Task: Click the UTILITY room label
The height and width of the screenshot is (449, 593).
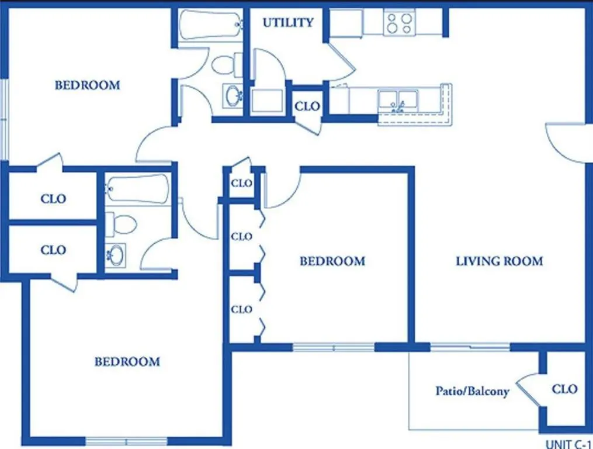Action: (x=288, y=23)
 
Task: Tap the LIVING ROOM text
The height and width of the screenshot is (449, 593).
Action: (x=499, y=261)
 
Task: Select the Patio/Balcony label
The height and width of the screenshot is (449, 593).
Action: (x=473, y=391)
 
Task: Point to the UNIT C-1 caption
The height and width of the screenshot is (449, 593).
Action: (x=568, y=444)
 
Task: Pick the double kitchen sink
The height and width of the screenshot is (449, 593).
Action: (x=398, y=101)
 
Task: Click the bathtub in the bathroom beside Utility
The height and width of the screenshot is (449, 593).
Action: (x=210, y=25)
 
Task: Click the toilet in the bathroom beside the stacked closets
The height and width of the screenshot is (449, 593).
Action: (x=120, y=224)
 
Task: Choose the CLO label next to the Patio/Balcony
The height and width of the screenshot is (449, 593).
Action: (x=564, y=389)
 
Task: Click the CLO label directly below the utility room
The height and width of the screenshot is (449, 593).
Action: (x=307, y=106)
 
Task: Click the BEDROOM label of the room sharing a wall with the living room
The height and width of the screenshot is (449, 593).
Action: (x=332, y=261)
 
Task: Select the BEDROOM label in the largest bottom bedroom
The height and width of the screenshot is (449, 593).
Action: (x=127, y=362)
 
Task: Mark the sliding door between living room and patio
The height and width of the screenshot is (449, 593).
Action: (x=470, y=347)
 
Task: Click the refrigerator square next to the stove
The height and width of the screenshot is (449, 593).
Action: (x=346, y=23)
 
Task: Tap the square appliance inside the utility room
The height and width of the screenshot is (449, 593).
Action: (x=268, y=101)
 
